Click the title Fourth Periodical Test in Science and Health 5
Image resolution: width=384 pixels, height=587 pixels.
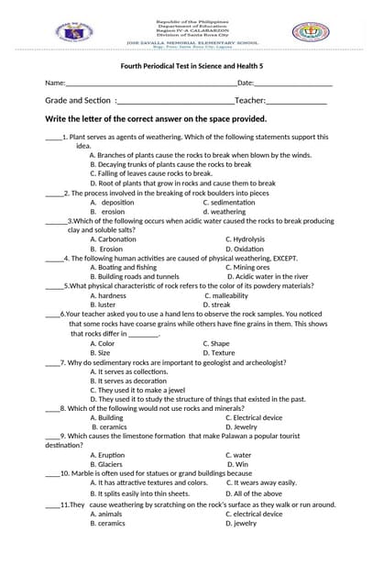[x=192, y=66]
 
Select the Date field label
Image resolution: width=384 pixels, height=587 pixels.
[x=246, y=83]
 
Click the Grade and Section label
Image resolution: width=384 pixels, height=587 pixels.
[x=78, y=101]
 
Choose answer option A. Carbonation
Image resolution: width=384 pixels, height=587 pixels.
[x=113, y=239]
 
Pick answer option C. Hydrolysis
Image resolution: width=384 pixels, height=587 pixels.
[x=245, y=239]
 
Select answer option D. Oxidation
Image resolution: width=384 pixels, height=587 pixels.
[x=245, y=249]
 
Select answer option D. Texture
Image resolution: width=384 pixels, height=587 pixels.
[x=219, y=352]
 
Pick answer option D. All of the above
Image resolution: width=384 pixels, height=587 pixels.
[x=254, y=493]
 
